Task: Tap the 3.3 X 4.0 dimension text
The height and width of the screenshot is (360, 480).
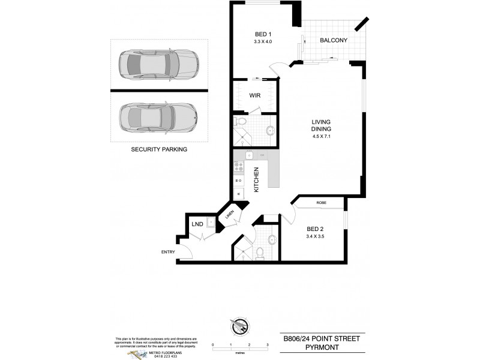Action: click(261, 42)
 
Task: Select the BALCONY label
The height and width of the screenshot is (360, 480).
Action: click(334, 41)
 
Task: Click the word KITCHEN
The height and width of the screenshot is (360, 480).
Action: click(256, 179)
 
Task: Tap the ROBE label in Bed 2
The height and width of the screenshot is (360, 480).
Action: click(321, 203)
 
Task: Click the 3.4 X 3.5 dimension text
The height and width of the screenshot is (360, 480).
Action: click(315, 237)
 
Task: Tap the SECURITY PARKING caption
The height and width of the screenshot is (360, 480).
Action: click(159, 149)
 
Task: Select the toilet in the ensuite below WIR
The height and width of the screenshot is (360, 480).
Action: click(240, 122)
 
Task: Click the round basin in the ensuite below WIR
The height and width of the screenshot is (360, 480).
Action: click(269, 129)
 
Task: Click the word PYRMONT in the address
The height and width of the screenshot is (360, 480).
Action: click(322, 347)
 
